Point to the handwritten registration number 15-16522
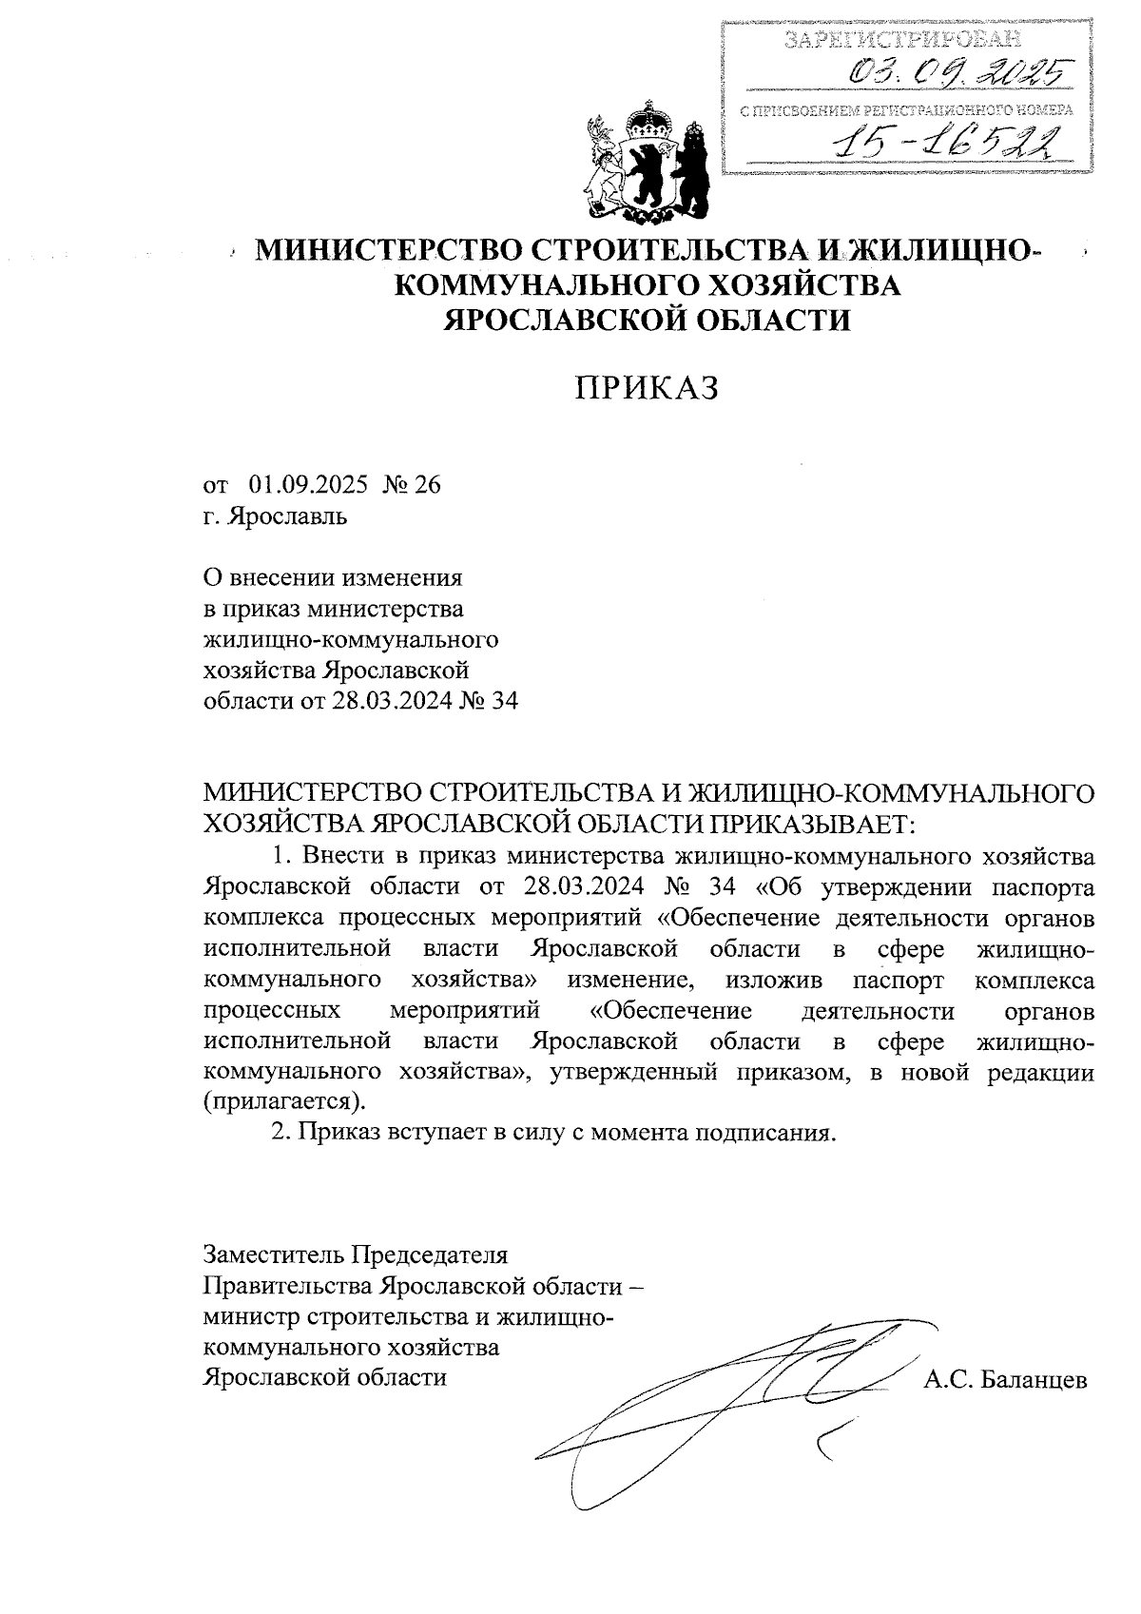pyautogui.click(x=942, y=142)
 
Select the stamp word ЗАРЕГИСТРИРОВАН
pyautogui.click(x=903, y=39)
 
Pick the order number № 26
pyautogui.click(x=412, y=486)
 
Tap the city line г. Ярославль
pyautogui.click(x=276, y=517)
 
